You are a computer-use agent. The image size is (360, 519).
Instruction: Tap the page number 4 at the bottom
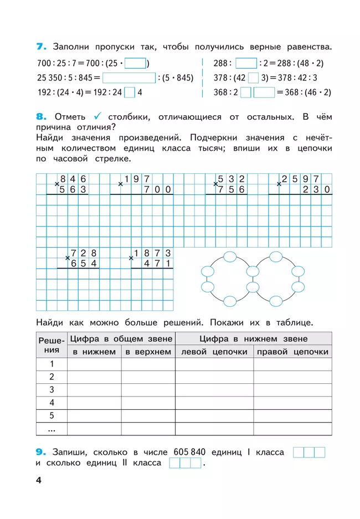tap(39, 480)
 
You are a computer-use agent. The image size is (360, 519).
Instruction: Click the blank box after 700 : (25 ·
tap(139, 63)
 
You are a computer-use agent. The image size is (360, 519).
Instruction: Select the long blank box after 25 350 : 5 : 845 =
tap(128, 78)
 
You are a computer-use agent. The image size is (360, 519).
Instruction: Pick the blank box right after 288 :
tap(246, 63)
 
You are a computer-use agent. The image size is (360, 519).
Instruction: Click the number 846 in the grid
tap(74, 178)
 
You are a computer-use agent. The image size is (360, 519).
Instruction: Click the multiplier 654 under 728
tap(84, 264)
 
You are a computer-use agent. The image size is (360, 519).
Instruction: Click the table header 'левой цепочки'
tap(214, 352)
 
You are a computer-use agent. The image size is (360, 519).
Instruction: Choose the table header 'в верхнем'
tap(148, 352)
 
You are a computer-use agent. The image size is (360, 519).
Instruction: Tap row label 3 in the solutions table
tap(52, 389)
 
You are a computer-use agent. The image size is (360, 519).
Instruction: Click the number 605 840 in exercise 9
tap(189, 452)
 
